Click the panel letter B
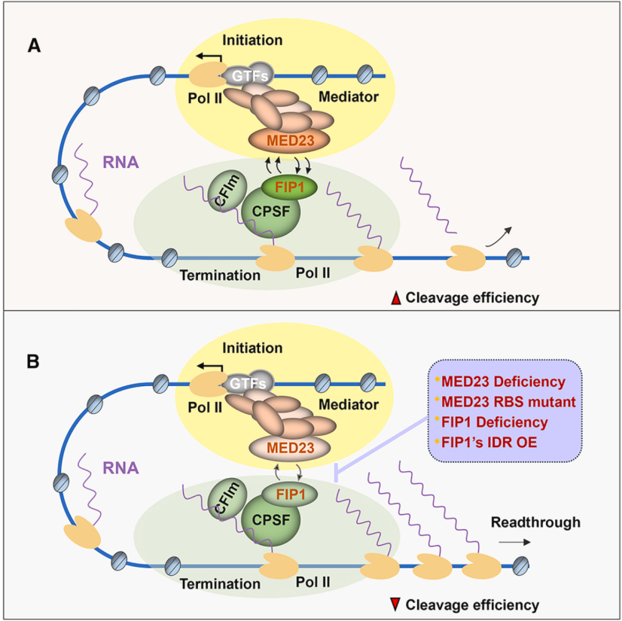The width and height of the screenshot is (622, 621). point(35,361)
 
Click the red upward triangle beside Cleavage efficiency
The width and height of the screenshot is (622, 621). point(395,298)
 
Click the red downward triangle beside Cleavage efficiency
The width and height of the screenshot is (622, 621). point(395,604)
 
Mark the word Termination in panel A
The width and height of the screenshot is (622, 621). point(220,275)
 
